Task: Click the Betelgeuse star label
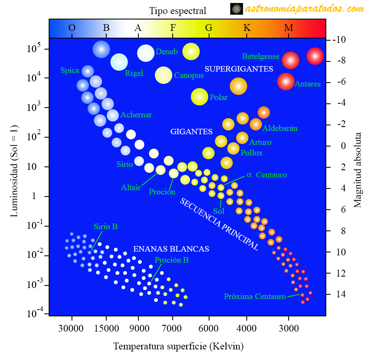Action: click(260, 56)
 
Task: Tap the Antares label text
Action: click(308, 84)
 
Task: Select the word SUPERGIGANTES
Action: click(239, 68)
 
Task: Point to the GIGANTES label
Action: click(191, 132)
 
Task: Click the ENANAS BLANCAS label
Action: click(171, 249)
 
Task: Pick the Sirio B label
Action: click(105, 227)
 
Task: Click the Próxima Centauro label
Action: click(255, 296)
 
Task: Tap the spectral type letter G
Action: click(209, 28)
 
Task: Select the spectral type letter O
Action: click(72, 28)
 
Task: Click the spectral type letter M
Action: click(289, 28)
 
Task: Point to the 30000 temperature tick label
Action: click(71, 328)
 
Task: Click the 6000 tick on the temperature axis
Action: click(208, 328)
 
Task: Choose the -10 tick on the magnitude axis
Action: click(339, 40)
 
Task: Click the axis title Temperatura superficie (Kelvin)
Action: click(178, 346)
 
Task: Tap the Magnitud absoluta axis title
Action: click(358, 170)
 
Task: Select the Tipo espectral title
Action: click(177, 11)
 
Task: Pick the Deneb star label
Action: click(166, 52)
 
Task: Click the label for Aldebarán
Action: click(280, 128)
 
